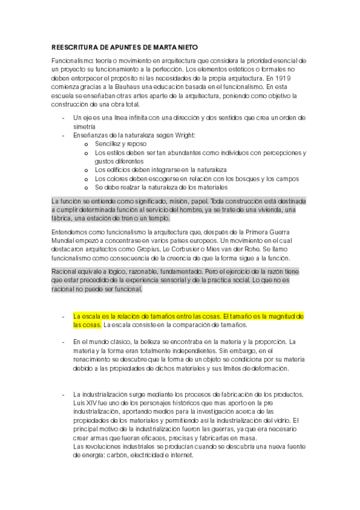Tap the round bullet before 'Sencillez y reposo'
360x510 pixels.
coord(87,145)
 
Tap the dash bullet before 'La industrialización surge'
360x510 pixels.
coord(63,395)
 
